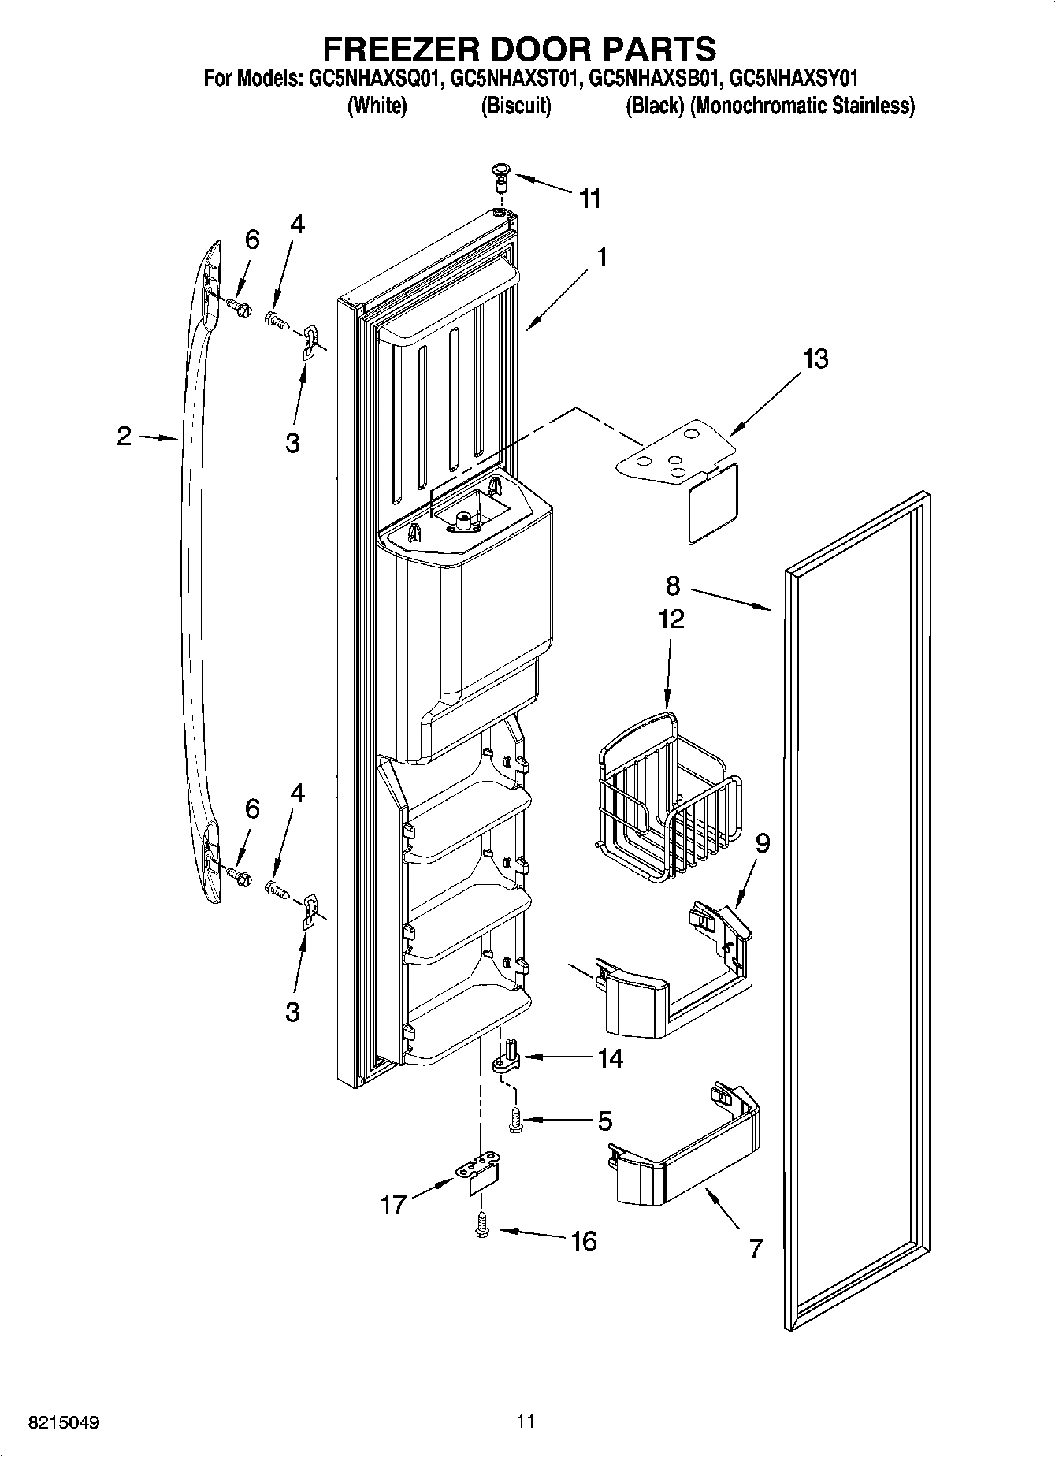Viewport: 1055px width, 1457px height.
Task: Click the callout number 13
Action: click(815, 359)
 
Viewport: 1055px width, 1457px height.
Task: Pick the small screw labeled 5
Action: click(515, 1120)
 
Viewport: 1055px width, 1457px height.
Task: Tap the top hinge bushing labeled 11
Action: click(500, 176)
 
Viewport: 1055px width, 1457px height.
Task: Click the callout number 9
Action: click(763, 844)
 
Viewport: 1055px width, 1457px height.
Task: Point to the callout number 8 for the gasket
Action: click(672, 585)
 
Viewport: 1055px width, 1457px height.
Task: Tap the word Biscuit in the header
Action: click(516, 106)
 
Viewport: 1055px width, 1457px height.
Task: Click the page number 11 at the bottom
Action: click(526, 1422)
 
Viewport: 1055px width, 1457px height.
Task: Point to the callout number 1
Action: click(601, 257)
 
